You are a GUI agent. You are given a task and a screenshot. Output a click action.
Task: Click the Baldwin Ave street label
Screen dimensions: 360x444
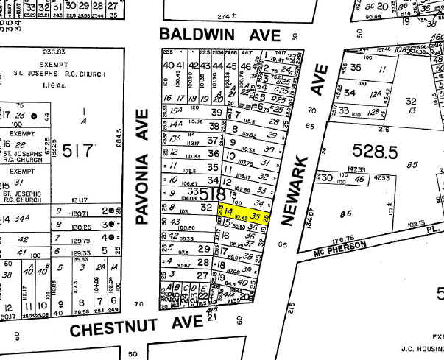[x=211, y=34]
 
